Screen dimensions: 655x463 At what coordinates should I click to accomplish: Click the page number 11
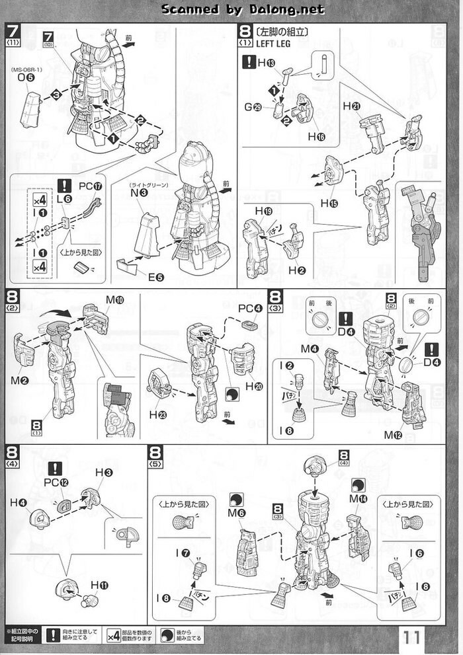tap(410, 638)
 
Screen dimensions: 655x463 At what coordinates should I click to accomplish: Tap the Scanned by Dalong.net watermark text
tap(243, 9)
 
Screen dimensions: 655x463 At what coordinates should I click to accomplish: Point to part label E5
tap(155, 276)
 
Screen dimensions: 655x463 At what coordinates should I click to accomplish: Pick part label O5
tap(26, 77)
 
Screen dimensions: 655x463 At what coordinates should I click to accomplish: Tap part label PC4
tap(246, 308)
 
